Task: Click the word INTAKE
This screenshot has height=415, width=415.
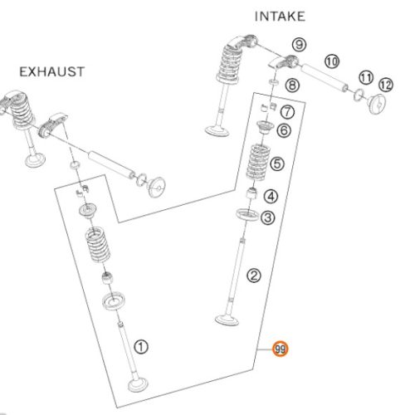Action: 280,17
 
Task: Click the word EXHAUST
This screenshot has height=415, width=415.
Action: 51,72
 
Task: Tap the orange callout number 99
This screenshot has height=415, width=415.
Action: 281,349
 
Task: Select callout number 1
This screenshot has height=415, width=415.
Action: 141,347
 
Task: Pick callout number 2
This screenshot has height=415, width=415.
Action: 254,276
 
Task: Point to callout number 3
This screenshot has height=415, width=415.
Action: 268,217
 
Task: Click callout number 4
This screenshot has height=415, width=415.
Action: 271,197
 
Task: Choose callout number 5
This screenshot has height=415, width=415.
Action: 277,164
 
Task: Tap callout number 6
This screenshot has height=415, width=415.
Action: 284,130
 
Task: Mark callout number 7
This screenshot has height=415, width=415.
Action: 287,112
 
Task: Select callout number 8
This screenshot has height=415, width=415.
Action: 292,85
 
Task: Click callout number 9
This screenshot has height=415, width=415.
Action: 299,45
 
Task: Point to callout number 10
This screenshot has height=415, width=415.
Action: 332,61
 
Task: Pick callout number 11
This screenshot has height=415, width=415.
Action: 366,78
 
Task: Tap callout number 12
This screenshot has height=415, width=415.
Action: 386,85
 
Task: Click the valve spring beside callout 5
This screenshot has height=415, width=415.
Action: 258,162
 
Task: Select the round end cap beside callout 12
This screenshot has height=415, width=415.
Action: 377,104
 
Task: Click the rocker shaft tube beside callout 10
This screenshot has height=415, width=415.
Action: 324,77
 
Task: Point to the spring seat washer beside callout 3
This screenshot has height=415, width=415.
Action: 247,215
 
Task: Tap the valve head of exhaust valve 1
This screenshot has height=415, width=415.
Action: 138,385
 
